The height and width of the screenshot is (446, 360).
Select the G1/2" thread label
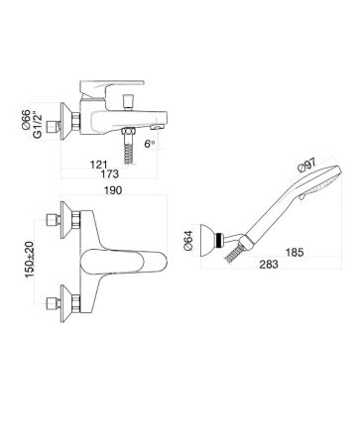coord(38,125)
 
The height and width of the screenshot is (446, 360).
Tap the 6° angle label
coord(150,144)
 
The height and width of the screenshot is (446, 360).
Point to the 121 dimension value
coord(99,165)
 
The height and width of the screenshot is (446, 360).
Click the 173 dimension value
coord(110,173)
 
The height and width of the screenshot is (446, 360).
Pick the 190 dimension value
coord(113,190)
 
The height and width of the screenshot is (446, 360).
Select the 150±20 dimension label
coord(30,260)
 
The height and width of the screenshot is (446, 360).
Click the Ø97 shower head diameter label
coord(307,165)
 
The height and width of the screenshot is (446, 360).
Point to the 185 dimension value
coord(295,253)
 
